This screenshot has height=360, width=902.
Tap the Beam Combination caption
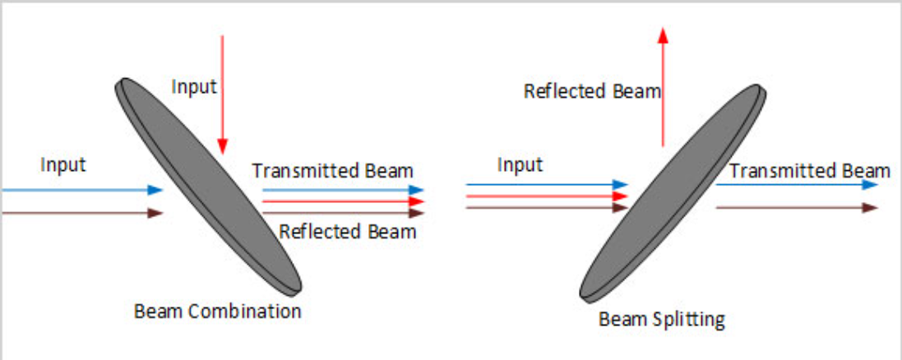click(217, 312)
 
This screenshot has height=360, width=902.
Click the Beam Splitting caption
click(661, 318)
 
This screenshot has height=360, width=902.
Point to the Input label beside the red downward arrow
click(193, 85)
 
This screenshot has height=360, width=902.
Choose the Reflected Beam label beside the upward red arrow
click(592, 90)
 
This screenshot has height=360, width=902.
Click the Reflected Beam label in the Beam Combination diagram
click(347, 231)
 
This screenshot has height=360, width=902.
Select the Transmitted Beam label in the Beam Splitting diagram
click(809, 170)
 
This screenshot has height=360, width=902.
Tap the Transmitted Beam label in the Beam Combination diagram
click(332, 170)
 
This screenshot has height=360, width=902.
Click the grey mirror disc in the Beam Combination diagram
click(210, 185)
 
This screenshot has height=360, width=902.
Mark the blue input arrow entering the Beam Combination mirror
click(82, 190)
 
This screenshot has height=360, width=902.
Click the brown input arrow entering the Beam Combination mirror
click(82, 214)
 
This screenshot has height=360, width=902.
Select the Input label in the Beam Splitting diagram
click(520, 164)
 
